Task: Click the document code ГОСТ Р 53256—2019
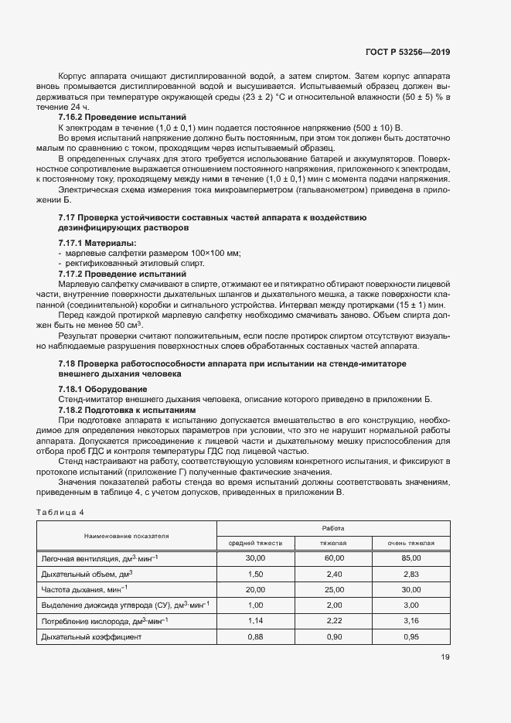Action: point(407,53)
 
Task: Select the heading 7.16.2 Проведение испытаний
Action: point(122,117)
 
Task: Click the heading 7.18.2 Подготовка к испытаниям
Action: point(128,408)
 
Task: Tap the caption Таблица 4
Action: point(60,512)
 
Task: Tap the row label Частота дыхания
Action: point(81,589)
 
